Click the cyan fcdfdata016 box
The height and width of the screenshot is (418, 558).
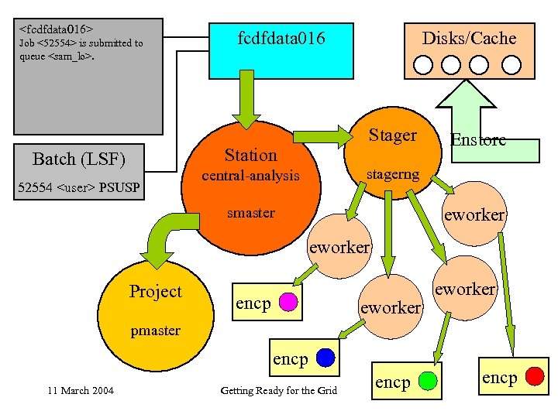[281, 47]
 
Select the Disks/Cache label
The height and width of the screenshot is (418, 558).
[468, 38]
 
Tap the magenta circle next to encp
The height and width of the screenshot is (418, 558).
[288, 302]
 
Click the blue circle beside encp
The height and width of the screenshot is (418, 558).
[325, 358]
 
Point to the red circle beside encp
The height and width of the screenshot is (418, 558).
[534, 377]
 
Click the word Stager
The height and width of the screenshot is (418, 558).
[392, 135]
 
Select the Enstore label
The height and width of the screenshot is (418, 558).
[478, 140]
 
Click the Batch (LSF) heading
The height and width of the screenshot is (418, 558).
[78, 159]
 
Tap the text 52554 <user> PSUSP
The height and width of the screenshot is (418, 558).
[78, 187]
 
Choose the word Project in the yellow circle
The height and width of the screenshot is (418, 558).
[155, 291]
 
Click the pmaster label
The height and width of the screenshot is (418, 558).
[155, 331]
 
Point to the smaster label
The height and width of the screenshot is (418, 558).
[250, 213]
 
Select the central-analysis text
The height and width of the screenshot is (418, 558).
[250, 176]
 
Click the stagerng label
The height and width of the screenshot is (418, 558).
[392, 174]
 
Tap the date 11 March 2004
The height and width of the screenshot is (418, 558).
[80, 390]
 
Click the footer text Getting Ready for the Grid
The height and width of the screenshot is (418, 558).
[278, 390]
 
